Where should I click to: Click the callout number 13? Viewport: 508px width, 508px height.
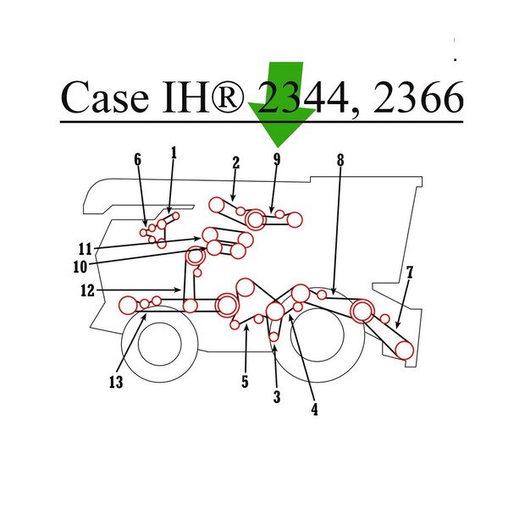coord(116,382)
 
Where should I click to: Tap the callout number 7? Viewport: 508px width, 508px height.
coord(410,273)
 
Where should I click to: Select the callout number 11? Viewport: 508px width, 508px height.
coord(86,249)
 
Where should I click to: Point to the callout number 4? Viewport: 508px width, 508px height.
coord(315,410)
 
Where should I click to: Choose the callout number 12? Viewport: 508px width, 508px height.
coord(87,290)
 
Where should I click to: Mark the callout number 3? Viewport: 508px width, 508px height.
coord(277,396)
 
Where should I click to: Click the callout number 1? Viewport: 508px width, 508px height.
coord(174,153)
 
